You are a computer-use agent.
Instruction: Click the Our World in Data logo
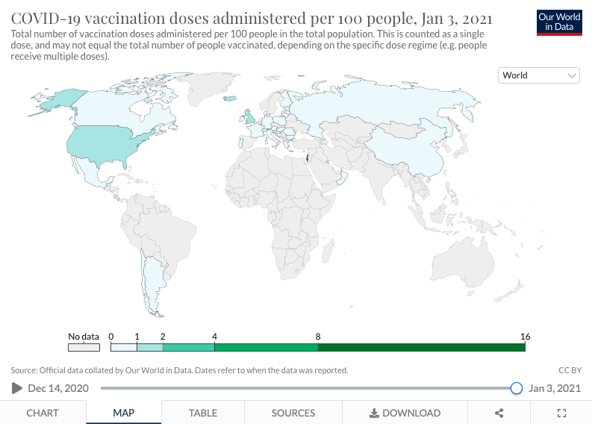tap(559, 22)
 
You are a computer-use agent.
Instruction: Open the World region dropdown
tap(539, 75)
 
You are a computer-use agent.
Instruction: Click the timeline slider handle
tap(516, 388)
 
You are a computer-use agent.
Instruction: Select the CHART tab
tap(43, 413)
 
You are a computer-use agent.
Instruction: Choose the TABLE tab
tap(203, 413)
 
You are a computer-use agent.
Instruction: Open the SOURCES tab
tap(293, 413)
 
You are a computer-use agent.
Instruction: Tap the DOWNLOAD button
tap(405, 413)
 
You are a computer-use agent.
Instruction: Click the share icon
tap(499, 413)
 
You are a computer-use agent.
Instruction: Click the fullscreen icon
tap(562, 413)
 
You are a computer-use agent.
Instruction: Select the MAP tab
tap(123, 413)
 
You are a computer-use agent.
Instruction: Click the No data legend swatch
tap(84, 347)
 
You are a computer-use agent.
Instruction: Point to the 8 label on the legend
tap(318, 337)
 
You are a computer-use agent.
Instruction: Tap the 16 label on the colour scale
tap(525, 337)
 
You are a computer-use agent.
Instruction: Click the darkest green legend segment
tap(421, 347)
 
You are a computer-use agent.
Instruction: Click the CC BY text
tap(570, 370)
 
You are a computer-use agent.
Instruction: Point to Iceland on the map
tap(229, 99)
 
